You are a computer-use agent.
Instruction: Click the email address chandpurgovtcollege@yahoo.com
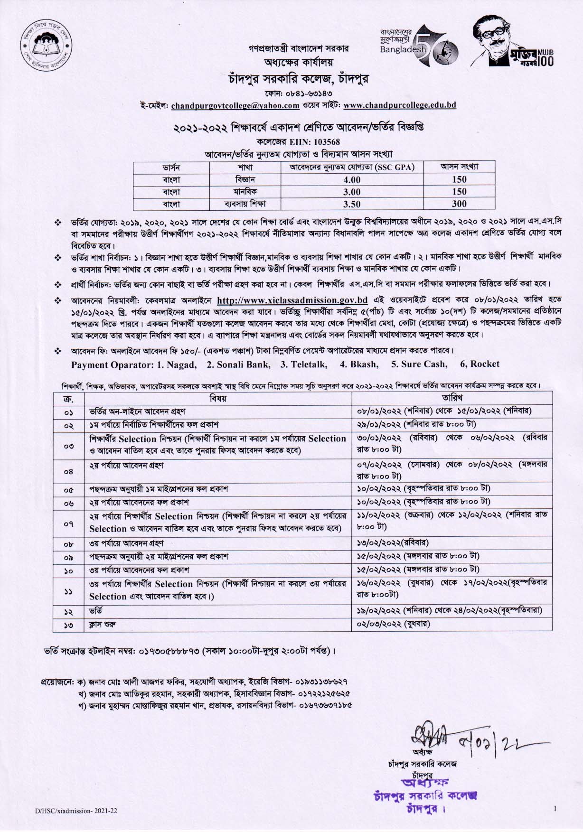[x=235, y=105]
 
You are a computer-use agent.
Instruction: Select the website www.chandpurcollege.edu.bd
[x=399, y=105]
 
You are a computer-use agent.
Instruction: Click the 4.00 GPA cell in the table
[x=352, y=180]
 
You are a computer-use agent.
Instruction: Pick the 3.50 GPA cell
[x=352, y=205]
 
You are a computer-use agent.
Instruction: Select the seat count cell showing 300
[x=459, y=204]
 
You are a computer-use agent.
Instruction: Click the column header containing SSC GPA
[x=352, y=167]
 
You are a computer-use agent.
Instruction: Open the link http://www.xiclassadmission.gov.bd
[x=292, y=300]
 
